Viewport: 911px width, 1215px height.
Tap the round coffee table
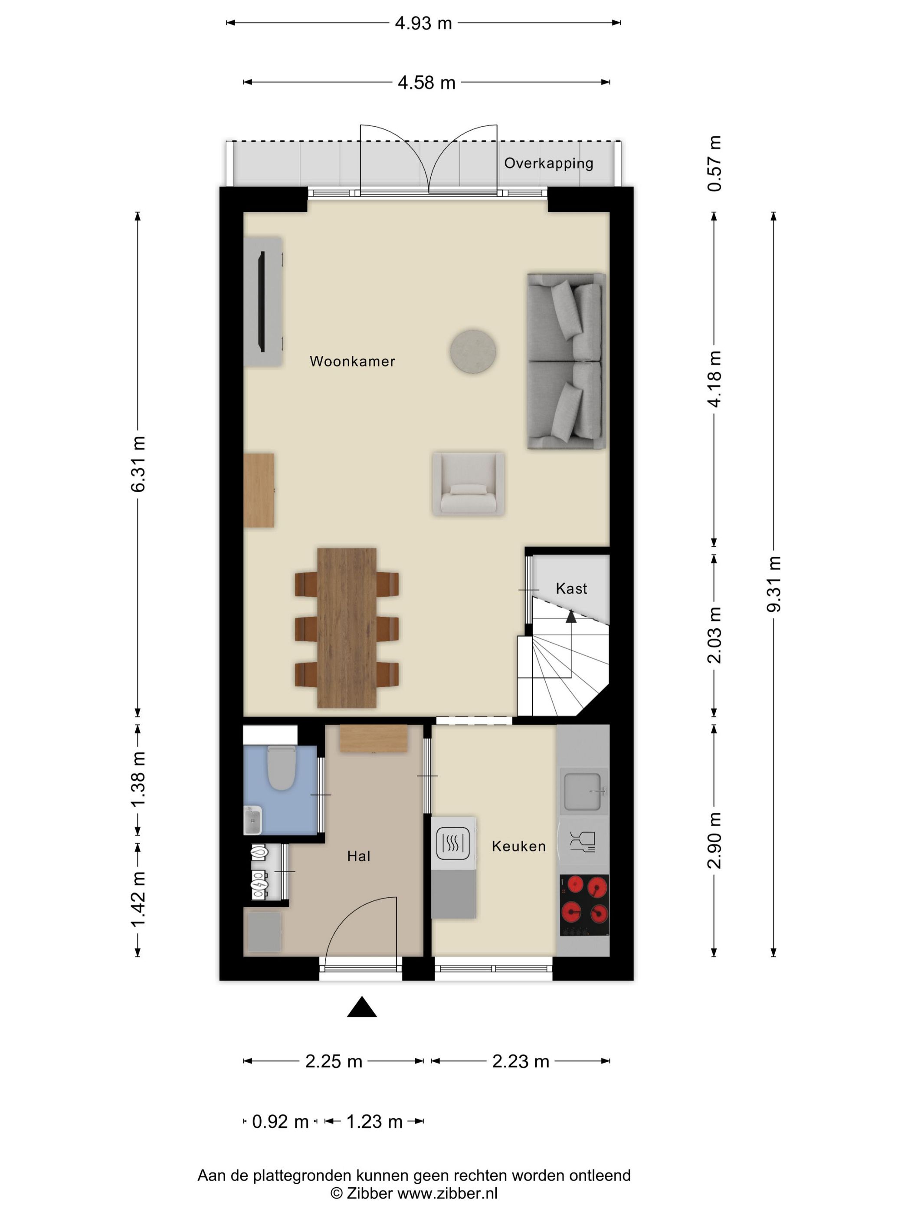tap(473, 351)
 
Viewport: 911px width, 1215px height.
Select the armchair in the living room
tap(469, 484)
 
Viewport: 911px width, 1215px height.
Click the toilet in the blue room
tap(282, 767)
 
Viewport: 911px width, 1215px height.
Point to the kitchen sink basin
tap(583, 791)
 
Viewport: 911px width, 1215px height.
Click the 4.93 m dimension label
tap(423, 23)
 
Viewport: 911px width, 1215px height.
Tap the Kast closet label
tap(571, 589)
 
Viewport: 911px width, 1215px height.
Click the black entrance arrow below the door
tap(362, 1007)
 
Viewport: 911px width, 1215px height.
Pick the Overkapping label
tap(549, 163)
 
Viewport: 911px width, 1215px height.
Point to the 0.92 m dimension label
tap(280, 1122)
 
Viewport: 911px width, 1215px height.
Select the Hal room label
tap(359, 856)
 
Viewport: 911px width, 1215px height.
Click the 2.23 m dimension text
tap(521, 1061)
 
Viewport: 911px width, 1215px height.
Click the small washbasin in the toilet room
tap(252, 820)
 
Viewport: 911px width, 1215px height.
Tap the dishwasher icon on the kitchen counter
tap(582, 841)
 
